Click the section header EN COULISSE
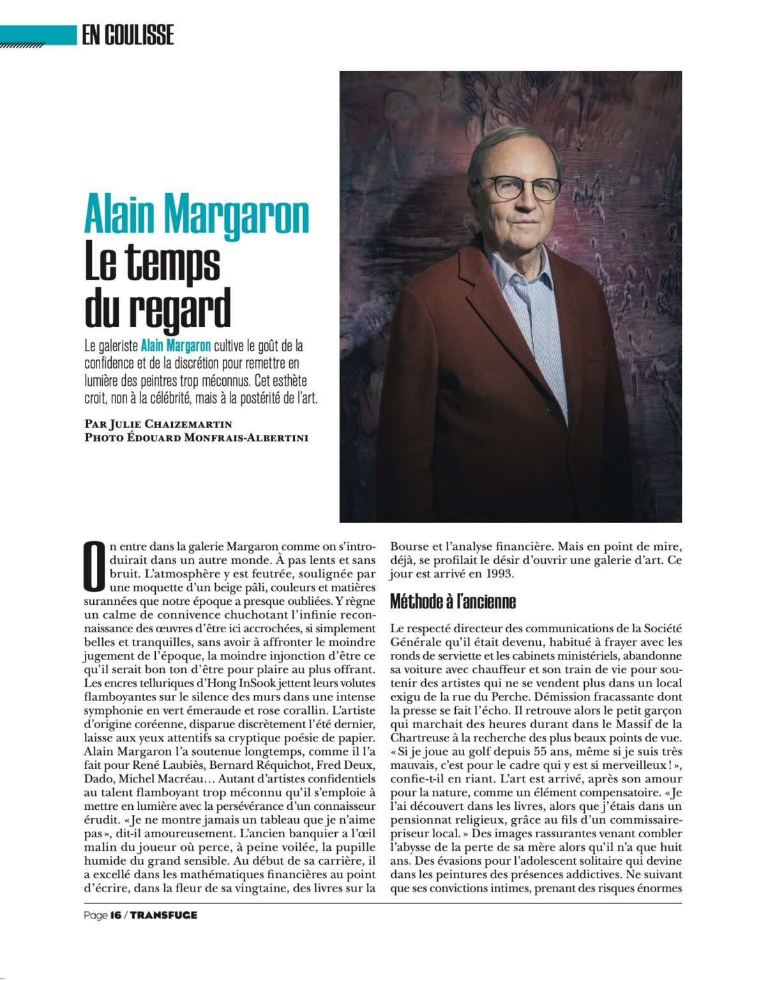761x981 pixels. pyautogui.click(x=128, y=34)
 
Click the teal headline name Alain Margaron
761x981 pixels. pyautogui.click(x=197, y=216)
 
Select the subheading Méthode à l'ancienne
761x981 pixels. pyautogui.click(x=453, y=602)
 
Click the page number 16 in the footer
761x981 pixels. pyautogui.click(x=116, y=915)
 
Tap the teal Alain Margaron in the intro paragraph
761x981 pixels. pyautogui.click(x=176, y=346)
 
